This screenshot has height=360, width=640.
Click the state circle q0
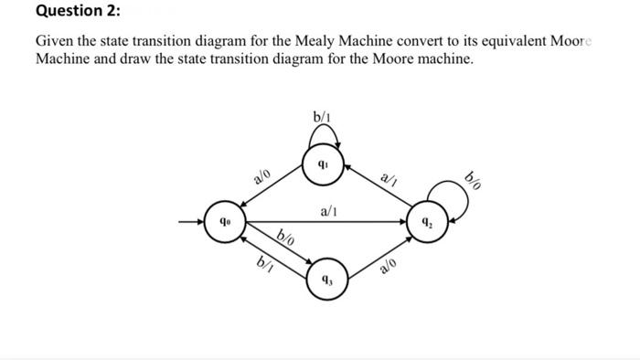[223, 222]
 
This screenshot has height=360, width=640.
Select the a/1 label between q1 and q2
[388, 177]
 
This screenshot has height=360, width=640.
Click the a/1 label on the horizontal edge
[330, 211]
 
